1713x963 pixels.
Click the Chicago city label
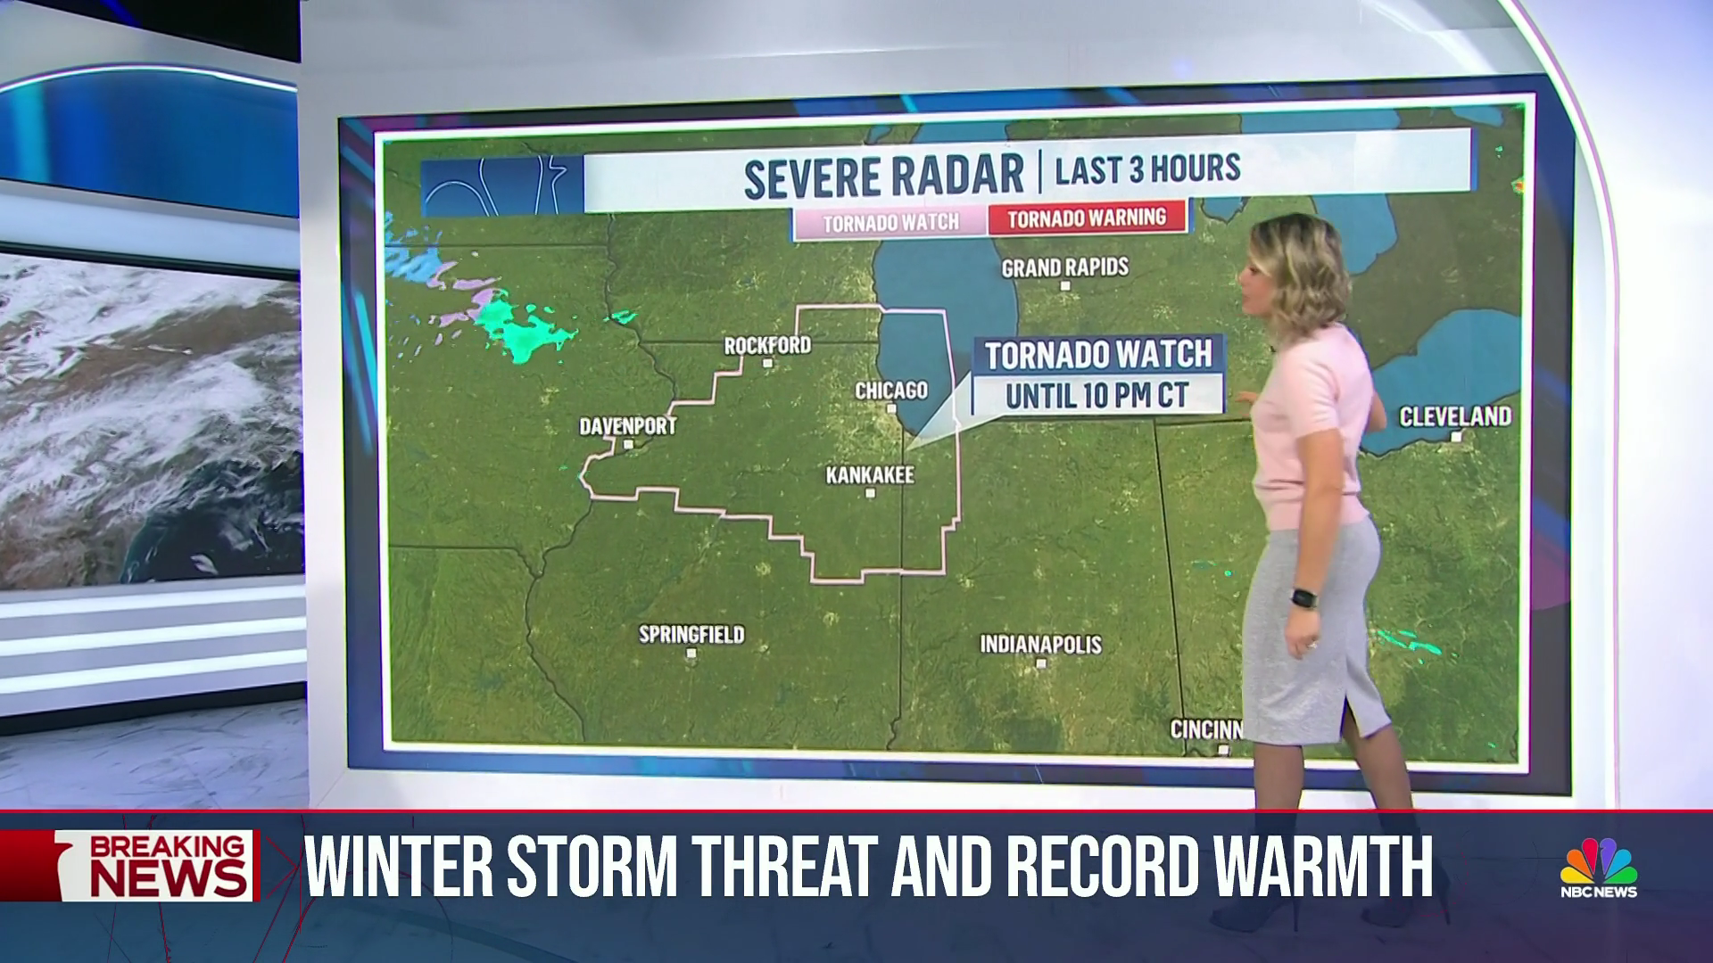pos(891,391)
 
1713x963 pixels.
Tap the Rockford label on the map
pos(767,345)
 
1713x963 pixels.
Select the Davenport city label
pos(628,426)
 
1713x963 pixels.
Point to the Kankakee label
pos(870,475)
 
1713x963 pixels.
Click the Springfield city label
pos(691,635)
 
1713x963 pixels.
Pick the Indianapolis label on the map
pos(1041,644)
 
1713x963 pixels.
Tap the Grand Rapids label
pos(1065,267)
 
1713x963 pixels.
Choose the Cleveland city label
pos(1455,416)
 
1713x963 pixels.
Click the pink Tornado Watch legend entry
pos(890,222)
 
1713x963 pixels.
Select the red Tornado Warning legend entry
pos(1087,218)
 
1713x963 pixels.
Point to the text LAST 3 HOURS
pos(1147,169)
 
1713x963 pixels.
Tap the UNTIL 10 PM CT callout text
pos(1097,395)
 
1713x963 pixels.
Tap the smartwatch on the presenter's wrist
pos(1303,597)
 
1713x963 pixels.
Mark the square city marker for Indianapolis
pos(1041,663)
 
